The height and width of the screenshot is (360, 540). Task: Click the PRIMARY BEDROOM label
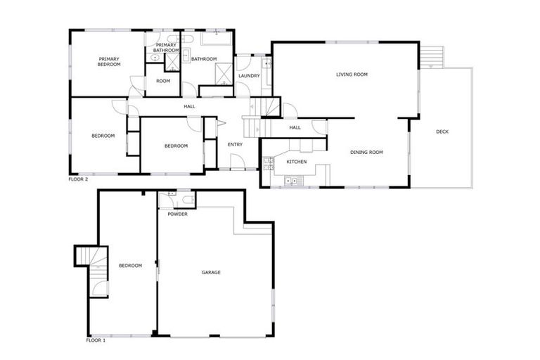[109, 62]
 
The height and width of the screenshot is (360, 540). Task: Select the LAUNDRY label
[249, 76]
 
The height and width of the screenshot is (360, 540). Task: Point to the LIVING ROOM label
[352, 74]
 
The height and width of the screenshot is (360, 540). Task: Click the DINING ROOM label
[366, 152]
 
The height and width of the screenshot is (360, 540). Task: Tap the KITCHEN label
[296, 162]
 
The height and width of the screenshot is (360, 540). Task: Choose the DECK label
[442, 131]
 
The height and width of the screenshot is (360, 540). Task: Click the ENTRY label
[235, 145]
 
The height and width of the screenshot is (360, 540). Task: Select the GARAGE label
[211, 272]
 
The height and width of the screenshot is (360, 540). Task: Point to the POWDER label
[177, 214]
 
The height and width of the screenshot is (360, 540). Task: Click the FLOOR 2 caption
[77, 179]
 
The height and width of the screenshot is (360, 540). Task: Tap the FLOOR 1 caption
[95, 340]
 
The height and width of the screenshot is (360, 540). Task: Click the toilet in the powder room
[186, 200]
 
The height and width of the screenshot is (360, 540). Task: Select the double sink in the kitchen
[291, 181]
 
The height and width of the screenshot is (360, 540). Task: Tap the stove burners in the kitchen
[268, 163]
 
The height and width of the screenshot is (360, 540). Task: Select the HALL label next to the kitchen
[295, 127]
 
